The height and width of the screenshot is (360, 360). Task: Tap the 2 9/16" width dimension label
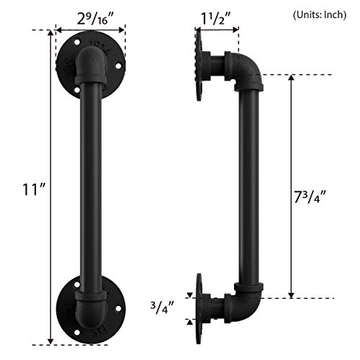(x=91, y=15)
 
